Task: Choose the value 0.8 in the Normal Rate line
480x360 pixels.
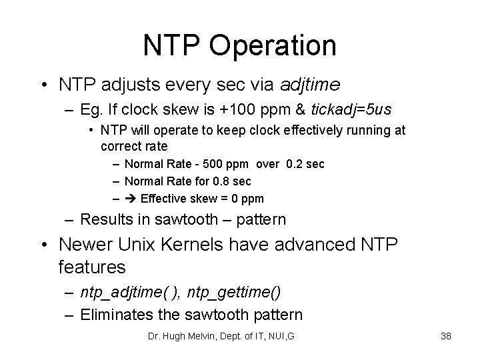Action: coord(219,181)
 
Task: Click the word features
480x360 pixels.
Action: coord(91,267)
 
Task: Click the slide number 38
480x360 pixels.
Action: coord(446,336)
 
